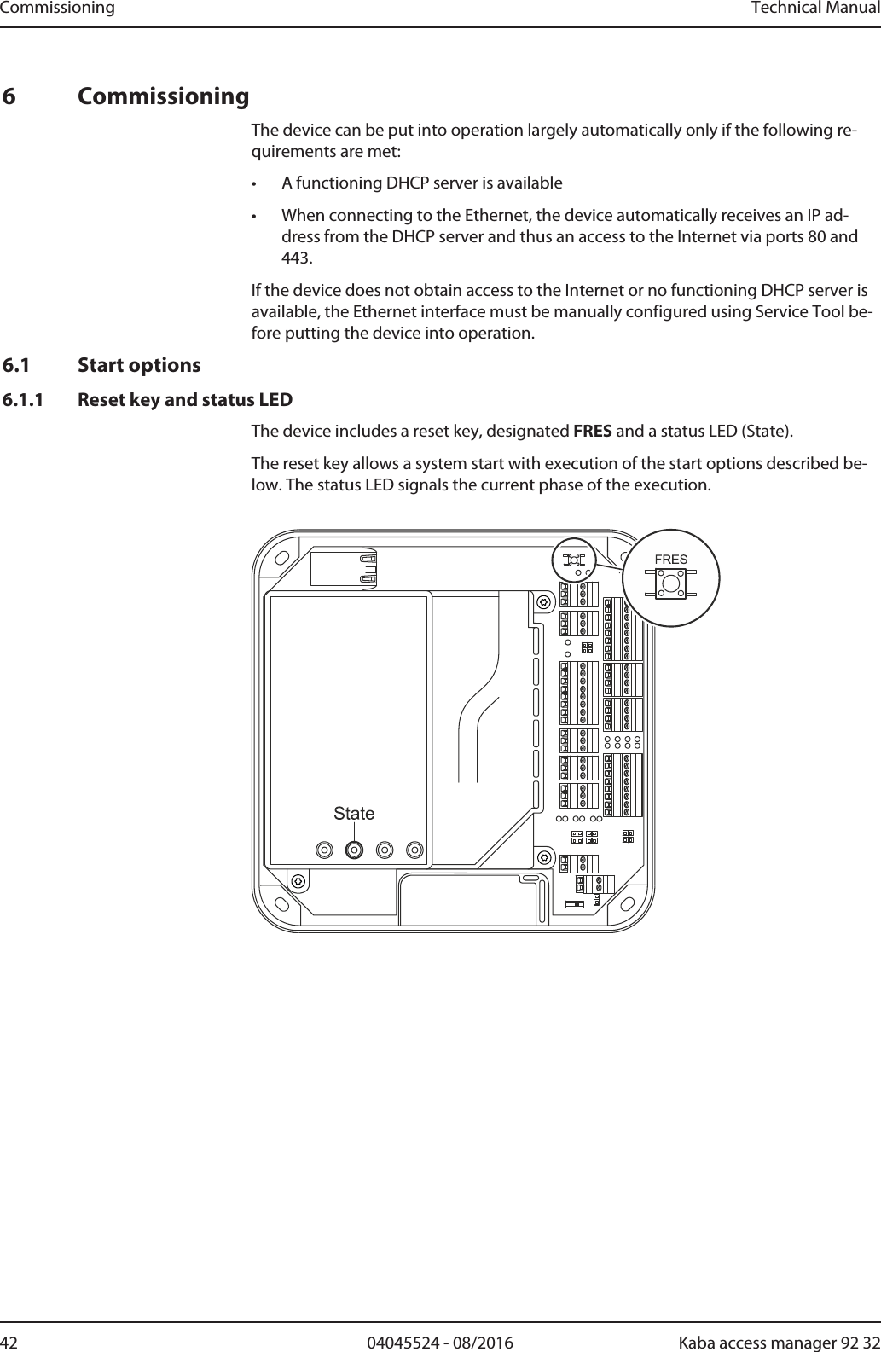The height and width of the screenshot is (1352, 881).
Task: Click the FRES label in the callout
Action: [670, 560]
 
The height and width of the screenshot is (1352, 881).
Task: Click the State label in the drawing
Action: [354, 813]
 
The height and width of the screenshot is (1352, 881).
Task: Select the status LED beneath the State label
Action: [354, 850]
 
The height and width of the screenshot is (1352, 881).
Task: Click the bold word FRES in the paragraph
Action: [592, 430]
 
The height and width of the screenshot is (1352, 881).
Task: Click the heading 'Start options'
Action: [139, 365]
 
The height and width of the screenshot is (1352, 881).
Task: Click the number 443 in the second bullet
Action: [297, 258]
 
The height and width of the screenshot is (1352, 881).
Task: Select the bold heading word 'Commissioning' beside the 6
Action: [164, 96]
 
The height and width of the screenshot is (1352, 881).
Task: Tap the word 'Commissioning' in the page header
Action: [57, 9]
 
